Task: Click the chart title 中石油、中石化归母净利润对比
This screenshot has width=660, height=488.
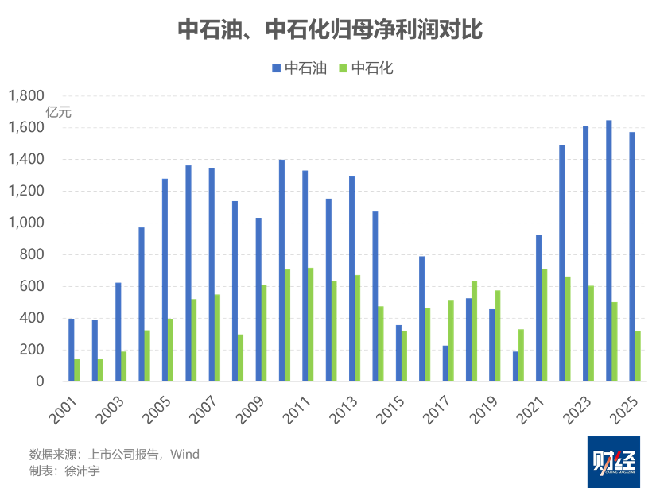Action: [330, 30]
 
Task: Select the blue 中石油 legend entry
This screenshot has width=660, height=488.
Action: [299, 68]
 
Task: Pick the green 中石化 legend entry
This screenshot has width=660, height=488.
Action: [366, 68]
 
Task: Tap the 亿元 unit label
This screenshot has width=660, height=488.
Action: [58, 112]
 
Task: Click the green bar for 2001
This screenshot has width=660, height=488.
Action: [78, 370]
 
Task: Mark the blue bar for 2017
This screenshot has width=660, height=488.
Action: [445, 362]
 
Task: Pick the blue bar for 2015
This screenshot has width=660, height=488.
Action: [398, 352]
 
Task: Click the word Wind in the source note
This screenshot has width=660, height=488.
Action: [184, 455]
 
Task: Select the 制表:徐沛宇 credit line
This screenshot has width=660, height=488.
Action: [65, 471]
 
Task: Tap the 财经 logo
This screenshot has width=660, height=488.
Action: [618, 462]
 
